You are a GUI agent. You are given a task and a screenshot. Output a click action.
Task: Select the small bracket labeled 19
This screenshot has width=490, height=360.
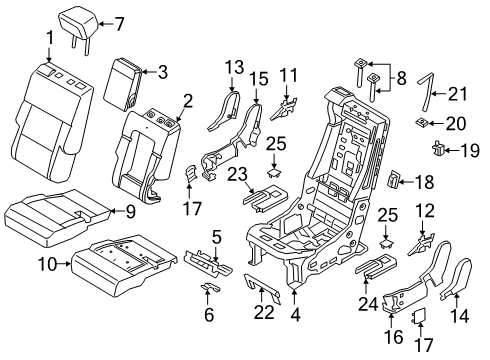coord(438,150)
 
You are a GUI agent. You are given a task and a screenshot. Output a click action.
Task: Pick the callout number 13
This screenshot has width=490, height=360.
coord(233,67)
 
